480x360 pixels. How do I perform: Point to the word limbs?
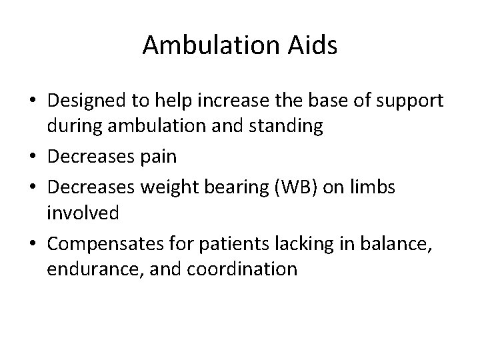373,187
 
